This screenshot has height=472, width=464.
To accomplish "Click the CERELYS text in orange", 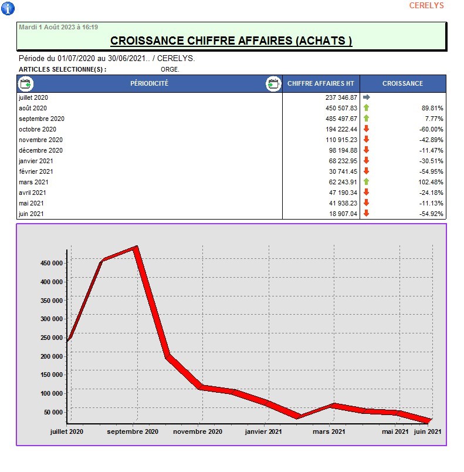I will point(426,6).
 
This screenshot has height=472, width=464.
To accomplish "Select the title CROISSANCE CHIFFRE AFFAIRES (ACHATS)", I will point(231,41).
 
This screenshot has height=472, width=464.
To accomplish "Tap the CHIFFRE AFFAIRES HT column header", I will point(321,83).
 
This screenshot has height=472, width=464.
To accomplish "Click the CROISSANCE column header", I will point(402,83).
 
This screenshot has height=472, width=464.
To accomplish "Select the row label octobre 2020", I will point(38,129).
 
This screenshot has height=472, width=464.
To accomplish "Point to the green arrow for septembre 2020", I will point(367,119).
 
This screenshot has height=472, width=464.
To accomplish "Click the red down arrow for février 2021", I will point(367,171).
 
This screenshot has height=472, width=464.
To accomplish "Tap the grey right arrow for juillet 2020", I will point(367,97).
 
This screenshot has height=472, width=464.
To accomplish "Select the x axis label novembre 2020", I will point(198,432).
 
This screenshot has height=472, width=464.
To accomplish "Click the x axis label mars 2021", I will point(329,432).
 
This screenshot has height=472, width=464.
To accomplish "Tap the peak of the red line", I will point(136,248).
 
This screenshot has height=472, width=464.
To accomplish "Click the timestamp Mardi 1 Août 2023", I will point(59,27).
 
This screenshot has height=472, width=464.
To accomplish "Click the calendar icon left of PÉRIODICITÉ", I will point(26,83).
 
